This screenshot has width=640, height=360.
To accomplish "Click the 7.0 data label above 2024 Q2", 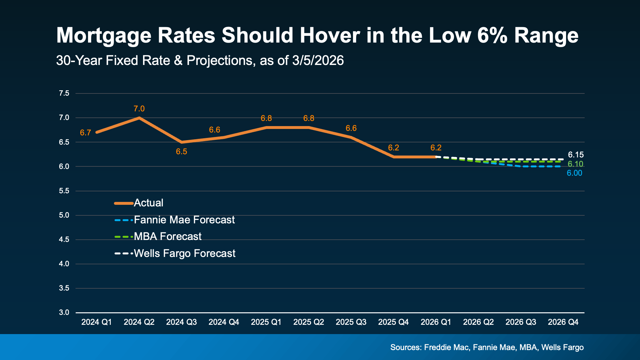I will coord(139,109).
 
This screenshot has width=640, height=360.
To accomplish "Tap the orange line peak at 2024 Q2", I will coord(139,118).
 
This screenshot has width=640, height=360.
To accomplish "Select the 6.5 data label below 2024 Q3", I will coord(181,152).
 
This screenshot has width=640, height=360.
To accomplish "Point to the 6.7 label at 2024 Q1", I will coord(85,133).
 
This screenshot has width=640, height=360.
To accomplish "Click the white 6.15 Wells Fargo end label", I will coord(576,155).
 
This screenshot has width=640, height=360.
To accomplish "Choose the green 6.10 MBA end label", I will coord(575,164).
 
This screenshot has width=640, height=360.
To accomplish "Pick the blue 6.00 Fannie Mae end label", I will coord(574,173).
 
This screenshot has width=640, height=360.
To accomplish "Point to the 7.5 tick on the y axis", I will coord(64,93).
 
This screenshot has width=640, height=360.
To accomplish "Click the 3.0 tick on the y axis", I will coord(64,313).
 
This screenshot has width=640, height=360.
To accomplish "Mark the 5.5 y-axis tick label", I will coord(64,191).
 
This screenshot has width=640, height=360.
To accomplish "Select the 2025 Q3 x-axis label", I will coord(351,322).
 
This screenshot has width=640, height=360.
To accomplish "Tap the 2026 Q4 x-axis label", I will coord(563,322).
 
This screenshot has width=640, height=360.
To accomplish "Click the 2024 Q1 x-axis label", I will coord(96,322).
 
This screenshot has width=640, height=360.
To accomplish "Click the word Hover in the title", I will coord(330,35).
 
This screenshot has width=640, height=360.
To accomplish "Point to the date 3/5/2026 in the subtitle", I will coord(318,60).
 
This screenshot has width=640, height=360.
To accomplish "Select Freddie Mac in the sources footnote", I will coord(446,348).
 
